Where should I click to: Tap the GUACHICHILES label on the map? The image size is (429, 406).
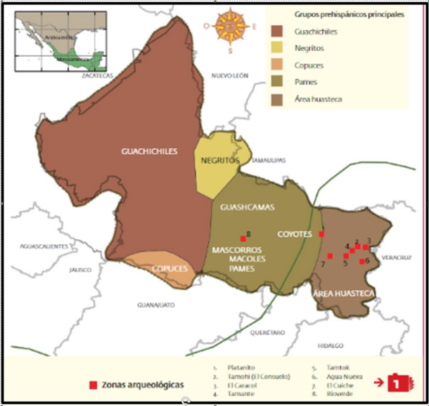pyautogui.click(x=149, y=150)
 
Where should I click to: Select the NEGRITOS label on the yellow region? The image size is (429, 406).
pyautogui.click(x=216, y=160)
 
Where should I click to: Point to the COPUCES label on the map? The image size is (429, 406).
pyautogui.click(x=169, y=269)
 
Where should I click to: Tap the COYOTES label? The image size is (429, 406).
pyautogui.click(x=296, y=234)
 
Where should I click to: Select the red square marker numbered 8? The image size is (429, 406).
pyautogui.click(x=243, y=237)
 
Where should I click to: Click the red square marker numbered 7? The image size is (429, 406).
pyautogui.click(x=330, y=256)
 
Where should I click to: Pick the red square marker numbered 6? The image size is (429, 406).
pyautogui.click(x=361, y=261)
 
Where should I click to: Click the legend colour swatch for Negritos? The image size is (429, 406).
pyautogui.click(x=279, y=48)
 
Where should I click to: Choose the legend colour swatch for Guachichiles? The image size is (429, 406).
pyautogui.click(x=279, y=32)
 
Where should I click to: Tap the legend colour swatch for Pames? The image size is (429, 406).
pyautogui.click(x=279, y=82)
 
